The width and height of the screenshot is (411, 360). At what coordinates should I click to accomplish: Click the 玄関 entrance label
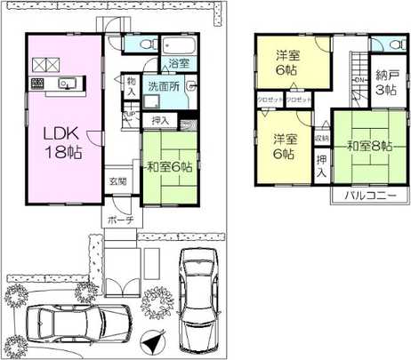(x=118, y=181)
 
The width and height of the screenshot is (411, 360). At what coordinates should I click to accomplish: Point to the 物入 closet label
(x=131, y=85)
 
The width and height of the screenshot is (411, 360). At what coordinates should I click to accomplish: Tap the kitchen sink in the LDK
(x=66, y=84)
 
